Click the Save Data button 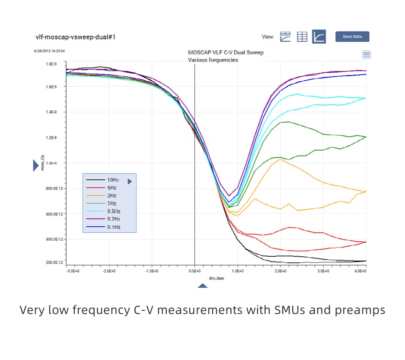click(x=352, y=37)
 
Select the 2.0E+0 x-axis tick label click(x=280, y=271)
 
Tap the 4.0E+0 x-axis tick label click(x=360, y=271)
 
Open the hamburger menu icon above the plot click(x=367, y=54)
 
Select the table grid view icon click(x=302, y=37)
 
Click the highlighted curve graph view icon click(x=319, y=37)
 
